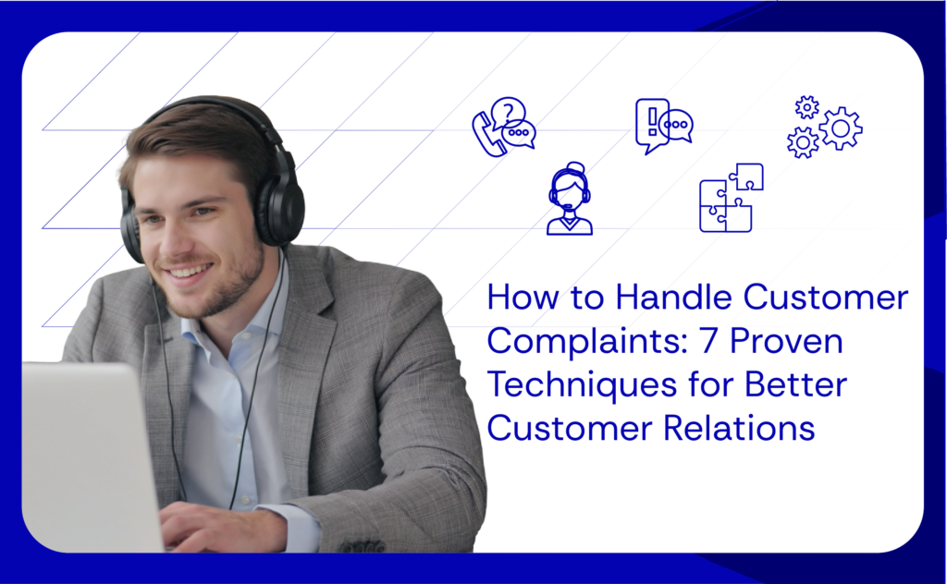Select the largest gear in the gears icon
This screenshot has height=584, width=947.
840,128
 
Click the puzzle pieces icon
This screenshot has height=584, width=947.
731,199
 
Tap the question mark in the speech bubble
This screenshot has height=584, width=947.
507,113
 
